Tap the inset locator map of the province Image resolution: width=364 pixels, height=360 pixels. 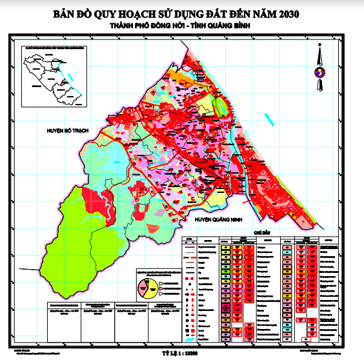[x=53, y=78]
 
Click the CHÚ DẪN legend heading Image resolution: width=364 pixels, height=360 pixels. [x=261, y=230]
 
